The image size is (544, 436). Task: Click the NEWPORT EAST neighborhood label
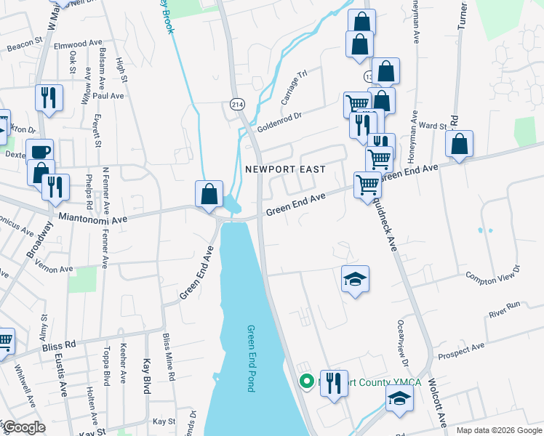284,169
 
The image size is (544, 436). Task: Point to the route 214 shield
237,105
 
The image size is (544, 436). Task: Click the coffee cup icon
40,153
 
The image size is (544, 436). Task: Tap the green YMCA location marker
307,380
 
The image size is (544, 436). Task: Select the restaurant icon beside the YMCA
334,382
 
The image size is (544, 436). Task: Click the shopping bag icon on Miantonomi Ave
209,194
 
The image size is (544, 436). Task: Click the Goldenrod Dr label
279,118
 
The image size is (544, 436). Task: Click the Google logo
23,427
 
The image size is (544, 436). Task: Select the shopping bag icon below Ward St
459,145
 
